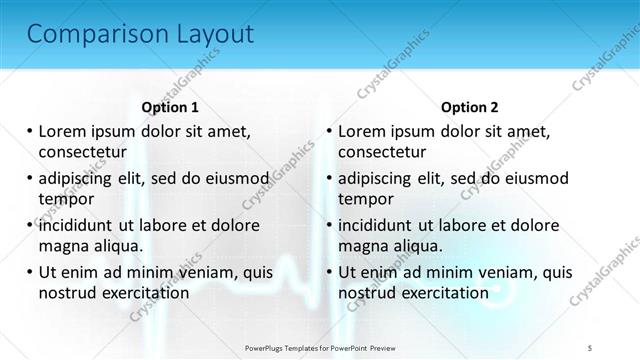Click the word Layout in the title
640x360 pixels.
click(207, 34)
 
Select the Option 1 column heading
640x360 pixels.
click(170, 107)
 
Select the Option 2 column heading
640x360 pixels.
click(469, 107)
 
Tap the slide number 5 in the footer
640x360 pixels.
click(590, 347)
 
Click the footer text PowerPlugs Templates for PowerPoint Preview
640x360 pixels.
click(319, 347)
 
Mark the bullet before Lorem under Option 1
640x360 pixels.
click(30, 131)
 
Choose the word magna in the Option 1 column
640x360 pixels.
click(61, 246)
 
